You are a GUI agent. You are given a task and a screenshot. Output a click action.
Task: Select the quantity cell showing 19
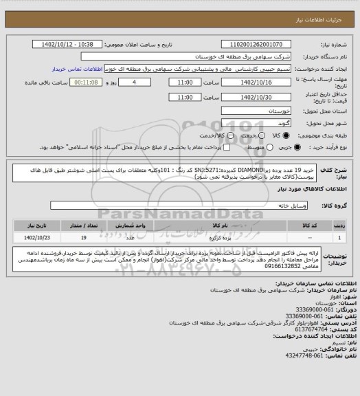[x=83, y=236]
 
